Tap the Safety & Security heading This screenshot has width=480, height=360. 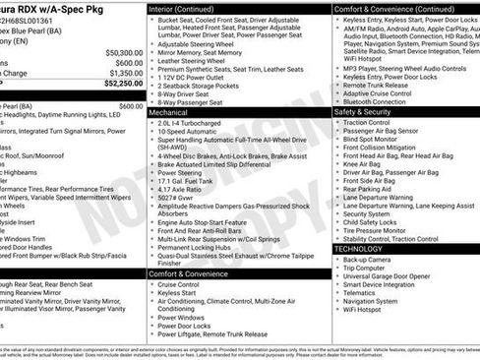tap(366, 112)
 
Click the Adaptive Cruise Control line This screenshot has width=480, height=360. tap(385, 92)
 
